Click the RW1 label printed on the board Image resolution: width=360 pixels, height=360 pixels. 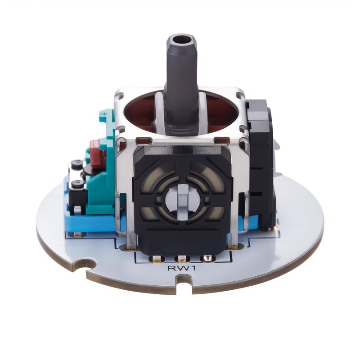tap(182, 268)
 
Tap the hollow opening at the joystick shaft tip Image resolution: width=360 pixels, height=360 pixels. tap(183, 40)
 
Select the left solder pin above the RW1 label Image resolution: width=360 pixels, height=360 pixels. tap(156, 259)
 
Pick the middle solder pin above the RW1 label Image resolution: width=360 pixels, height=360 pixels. tap(182, 259)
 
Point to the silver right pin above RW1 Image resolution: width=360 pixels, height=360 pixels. tap(207, 258)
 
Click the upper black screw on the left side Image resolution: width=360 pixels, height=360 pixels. tap(76, 164)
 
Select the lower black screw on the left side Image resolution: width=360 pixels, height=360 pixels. tap(77, 184)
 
